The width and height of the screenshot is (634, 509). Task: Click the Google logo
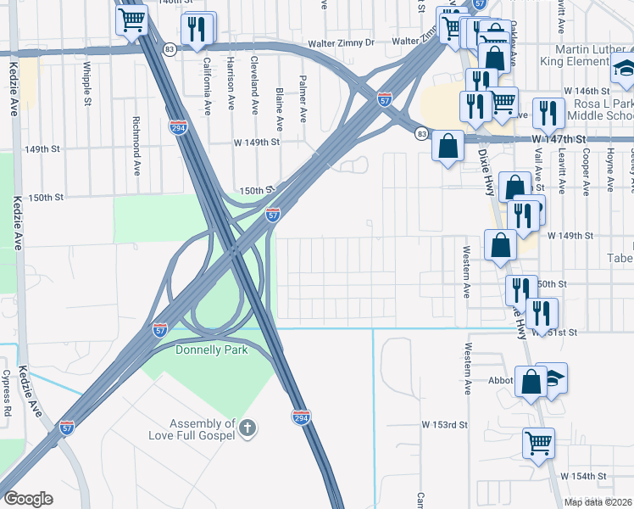(28, 499)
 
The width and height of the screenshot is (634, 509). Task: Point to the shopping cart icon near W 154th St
(539, 443)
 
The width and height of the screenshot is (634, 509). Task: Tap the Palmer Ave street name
(302, 98)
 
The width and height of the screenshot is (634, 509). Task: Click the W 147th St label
(559, 138)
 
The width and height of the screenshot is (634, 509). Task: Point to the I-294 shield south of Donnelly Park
(301, 417)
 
